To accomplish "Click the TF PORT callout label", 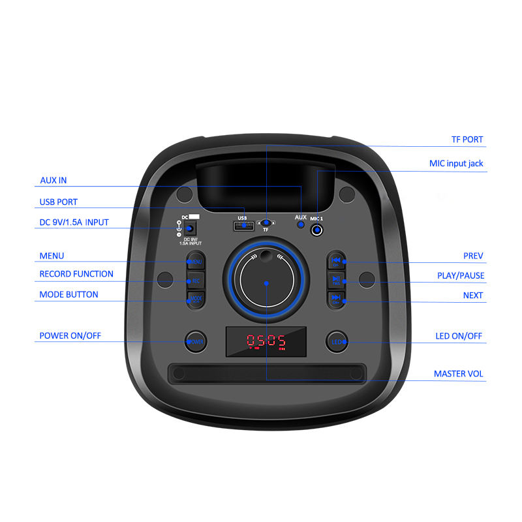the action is (x=467, y=140).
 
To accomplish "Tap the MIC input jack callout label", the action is (x=456, y=163).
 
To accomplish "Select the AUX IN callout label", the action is (x=54, y=180).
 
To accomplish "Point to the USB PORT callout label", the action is (x=59, y=202).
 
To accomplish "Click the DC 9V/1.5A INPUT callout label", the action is (x=74, y=223).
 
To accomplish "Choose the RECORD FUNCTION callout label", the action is (x=76, y=274).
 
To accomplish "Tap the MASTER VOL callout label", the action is (x=459, y=374).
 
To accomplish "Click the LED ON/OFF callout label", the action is (x=459, y=336).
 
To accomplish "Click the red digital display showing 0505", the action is (x=266, y=341).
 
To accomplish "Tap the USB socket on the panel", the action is (x=243, y=226).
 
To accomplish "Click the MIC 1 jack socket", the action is (x=318, y=230).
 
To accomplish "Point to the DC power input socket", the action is (x=190, y=229).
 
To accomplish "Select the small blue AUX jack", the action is (x=301, y=225).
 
